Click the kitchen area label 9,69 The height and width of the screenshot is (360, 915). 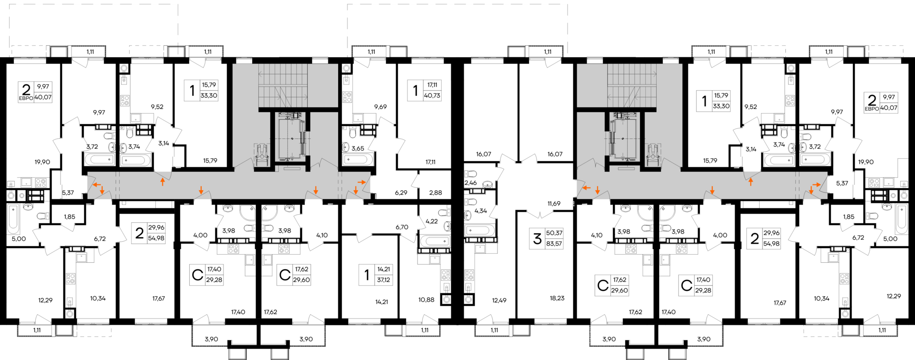pyautogui.click(x=380, y=107)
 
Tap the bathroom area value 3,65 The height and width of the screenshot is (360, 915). pyautogui.click(x=357, y=148)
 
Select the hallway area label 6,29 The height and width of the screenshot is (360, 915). pyautogui.click(x=401, y=193)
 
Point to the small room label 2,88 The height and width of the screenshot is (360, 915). pyautogui.click(x=435, y=193)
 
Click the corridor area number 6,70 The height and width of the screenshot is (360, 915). pyautogui.click(x=402, y=227)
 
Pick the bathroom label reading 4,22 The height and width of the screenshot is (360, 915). pyautogui.click(x=431, y=221)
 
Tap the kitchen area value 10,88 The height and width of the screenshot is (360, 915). pyautogui.click(x=426, y=299)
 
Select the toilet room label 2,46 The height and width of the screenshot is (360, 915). pyautogui.click(x=470, y=183)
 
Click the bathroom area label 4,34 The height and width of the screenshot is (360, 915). pyautogui.click(x=480, y=211)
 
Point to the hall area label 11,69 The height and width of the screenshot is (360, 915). pyautogui.click(x=554, y=204)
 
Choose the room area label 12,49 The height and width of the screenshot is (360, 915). pyautogui.click(x=499, y=300)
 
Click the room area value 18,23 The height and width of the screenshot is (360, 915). pyautogui.click(x=557, y=298)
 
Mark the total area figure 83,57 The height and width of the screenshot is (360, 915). pyautogui.click(x=554, y=243)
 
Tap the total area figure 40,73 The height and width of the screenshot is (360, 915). pyautogui.click(x=432, y=95)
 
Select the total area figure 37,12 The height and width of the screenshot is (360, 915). pyautogui.click(x=384, y=280)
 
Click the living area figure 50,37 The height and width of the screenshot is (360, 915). pyautogui.click(x=554, y=233)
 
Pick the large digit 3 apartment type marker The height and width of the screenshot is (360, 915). pyautogui.click(x=537, y=238)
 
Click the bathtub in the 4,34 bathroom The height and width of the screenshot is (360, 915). pyautogui.click(x=479, y=230)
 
